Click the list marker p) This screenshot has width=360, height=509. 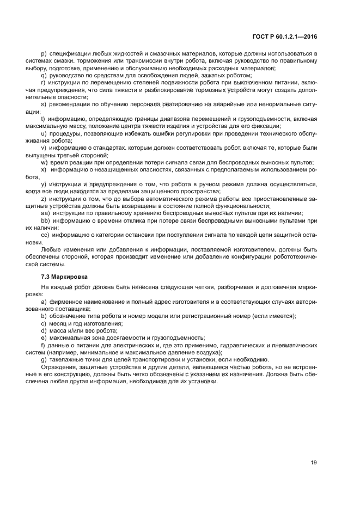(44, 53)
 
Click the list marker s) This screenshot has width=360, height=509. (44, 103)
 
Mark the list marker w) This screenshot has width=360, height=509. (44, 162)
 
